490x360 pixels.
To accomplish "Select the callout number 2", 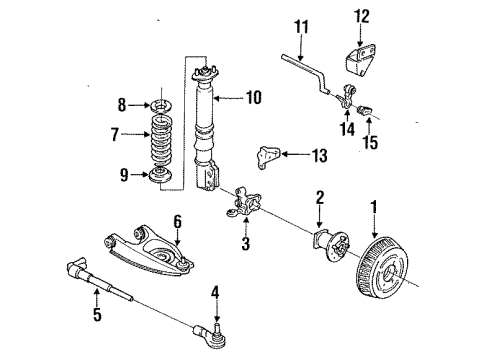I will point(319,198).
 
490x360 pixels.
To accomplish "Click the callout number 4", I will point(213,292).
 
